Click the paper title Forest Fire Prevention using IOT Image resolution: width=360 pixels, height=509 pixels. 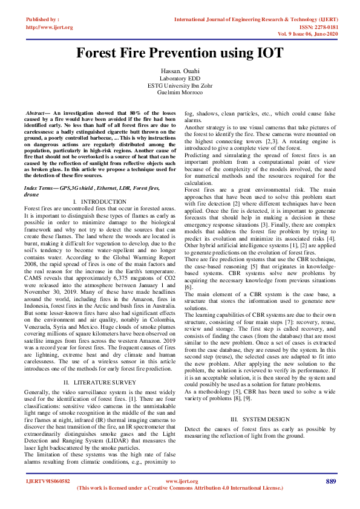(180, 53)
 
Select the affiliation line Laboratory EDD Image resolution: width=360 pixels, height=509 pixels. (180, 79)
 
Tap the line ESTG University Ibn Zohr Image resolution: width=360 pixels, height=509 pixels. (180, 85)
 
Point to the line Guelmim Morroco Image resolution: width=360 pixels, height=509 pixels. (180, 92)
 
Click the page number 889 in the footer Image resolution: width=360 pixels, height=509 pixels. (330, 481)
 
